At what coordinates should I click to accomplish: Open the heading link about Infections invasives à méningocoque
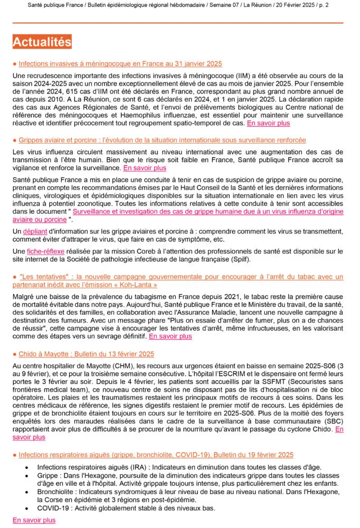tap(120, 63)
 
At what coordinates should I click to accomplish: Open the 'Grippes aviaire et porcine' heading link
tap(162, 140)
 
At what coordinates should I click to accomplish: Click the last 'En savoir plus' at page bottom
tap(34, 520)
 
